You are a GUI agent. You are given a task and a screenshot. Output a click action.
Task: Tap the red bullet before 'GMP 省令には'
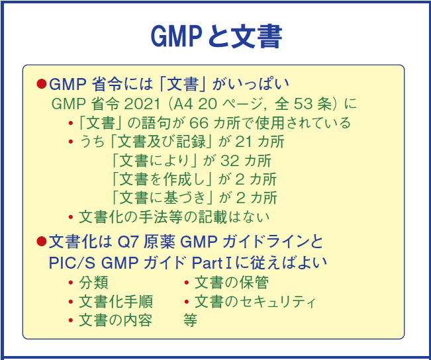(42, 85)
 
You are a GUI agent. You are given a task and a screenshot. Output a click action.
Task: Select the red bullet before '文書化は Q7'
(42, 242)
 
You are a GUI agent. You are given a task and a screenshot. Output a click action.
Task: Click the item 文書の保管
(231, 283)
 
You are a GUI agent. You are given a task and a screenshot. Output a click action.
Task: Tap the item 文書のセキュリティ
(255, 302)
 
